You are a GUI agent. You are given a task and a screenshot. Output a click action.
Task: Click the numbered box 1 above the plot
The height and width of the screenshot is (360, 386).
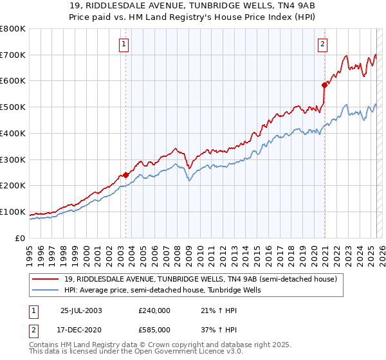[123, 44]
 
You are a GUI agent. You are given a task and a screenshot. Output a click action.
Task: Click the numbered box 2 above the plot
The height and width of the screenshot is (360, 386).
[322, 44]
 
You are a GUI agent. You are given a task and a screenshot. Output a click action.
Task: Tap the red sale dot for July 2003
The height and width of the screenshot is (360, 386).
[126, 174]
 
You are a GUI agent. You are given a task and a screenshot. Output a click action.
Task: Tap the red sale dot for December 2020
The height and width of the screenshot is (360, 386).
[325, 84]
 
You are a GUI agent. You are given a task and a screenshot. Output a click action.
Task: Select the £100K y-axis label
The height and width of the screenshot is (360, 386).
[13, 212]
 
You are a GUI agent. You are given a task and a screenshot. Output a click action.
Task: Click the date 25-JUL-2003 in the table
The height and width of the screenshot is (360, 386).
[82, 310]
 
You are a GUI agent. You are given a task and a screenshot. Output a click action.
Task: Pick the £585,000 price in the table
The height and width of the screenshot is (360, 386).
[154, 329]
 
